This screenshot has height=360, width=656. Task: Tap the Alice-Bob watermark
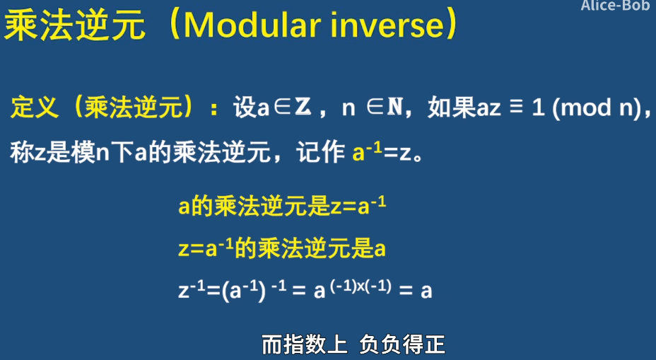pos(615,6)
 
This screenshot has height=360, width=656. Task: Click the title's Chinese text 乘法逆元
pos(74,25)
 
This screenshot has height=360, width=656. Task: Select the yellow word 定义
pos(35,108)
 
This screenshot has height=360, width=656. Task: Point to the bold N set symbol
pos(394,108)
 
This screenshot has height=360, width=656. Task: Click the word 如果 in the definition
pos(452,108)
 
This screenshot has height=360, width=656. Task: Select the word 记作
pos(320,152)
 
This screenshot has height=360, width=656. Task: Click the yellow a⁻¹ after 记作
pos(367,151)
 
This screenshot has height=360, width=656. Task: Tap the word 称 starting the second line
pos(22,152)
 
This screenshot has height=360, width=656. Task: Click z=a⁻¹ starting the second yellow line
pos(206,248)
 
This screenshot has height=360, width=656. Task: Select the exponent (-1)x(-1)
pos(361,286)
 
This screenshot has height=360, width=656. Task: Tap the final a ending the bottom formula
pos(426,291)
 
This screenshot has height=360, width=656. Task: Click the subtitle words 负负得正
pos(402,344)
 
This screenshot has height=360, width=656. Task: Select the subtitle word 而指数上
pos(305,344)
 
